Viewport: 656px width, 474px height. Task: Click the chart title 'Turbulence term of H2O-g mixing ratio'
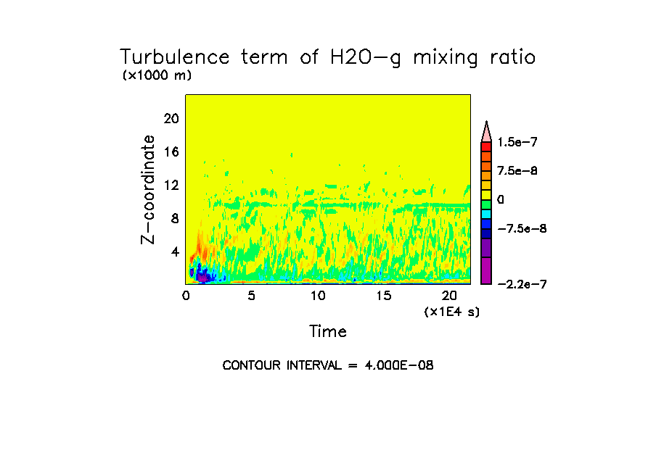tap(327, 57)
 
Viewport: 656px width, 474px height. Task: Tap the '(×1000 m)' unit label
tap(157, 75)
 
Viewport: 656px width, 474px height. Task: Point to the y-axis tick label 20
tap(170, 119)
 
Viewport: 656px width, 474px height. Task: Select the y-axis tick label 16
tap(170, 152)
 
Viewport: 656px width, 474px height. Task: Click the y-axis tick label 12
tap(170, 186)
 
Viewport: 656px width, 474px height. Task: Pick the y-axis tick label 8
tap(174, 219)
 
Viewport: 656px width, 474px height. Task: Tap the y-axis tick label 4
tap(174, 252)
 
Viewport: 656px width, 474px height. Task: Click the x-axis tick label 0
tap(186, 295)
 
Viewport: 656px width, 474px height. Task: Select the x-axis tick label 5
tap(252, 295)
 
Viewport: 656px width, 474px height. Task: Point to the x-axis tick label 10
tap(318, 295)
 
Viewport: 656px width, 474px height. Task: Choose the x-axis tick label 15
tap(383, 295)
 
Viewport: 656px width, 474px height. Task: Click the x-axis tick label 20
tap(450, 295)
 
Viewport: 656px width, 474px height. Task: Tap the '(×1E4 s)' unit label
tap(452, 312)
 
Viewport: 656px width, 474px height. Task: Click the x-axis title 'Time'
tap(328, 332)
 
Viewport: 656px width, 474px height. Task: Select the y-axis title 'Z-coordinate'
tap(149, 189)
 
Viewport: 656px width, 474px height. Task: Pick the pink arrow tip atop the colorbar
tap(486, 131)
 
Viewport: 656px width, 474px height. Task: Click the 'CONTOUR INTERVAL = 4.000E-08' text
tap(328, 365)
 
